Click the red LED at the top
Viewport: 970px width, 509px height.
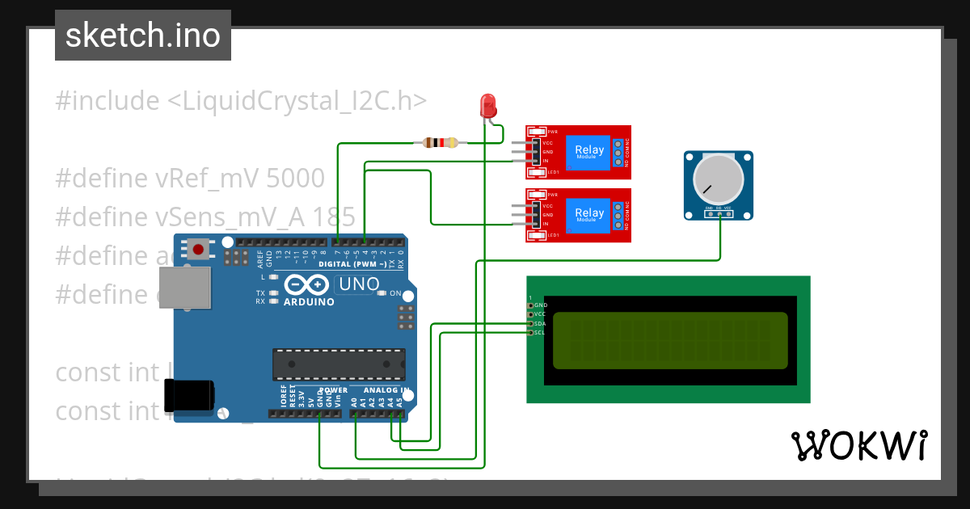pyautogui.click(x=488, y=105)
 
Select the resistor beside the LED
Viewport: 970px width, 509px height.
pyautogui.click(x=441, y=143)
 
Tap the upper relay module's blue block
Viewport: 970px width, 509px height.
pyautogui.click(x=588, y=152)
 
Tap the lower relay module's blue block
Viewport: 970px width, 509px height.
pyautogui.click(x=588, y=215)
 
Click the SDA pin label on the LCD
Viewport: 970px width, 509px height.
pyautogui.click(x=541, y=323)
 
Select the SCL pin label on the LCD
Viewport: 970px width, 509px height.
pyautogui.click(x=541, y=332)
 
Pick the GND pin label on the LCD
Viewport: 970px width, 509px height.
pyautogui.click(x=541, y=305)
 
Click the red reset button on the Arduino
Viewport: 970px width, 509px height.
pyautogui.click(x=198, y=249)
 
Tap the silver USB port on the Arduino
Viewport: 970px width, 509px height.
pyautogui.click(x=183, y=288)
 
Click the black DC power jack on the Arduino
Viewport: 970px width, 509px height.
pyautogui.click(x=189, y=394)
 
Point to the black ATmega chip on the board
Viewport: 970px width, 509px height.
pyautogui.click(x=338, y=364)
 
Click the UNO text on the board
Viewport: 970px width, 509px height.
pyautogui.click(x=359, y=284)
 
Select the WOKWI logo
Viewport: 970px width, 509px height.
pyautogui.click(x=858, y=445)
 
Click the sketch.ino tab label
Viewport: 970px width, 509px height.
pyautogui.click(x=143, y=36)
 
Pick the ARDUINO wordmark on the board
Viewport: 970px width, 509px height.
pyautogui.click(x=308, y=302)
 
